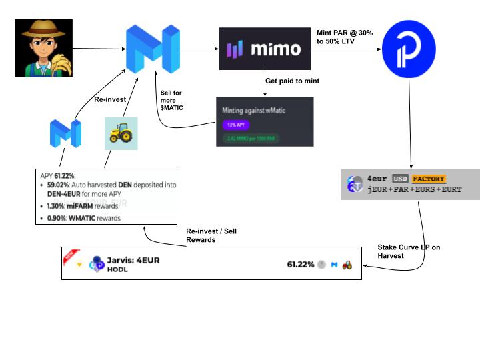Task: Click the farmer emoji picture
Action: tap(43, 48)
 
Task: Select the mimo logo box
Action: tap(265, 49)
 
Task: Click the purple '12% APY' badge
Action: tap(231, 124)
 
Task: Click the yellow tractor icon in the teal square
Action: tap(121, 133)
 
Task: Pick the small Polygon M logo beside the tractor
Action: tap(65, 133)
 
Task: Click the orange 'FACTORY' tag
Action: tap(427, 179)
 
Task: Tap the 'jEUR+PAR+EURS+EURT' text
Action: tap(414, 190)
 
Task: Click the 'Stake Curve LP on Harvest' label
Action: tap(409, 251)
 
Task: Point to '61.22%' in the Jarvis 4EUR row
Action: tap(300, 265)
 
